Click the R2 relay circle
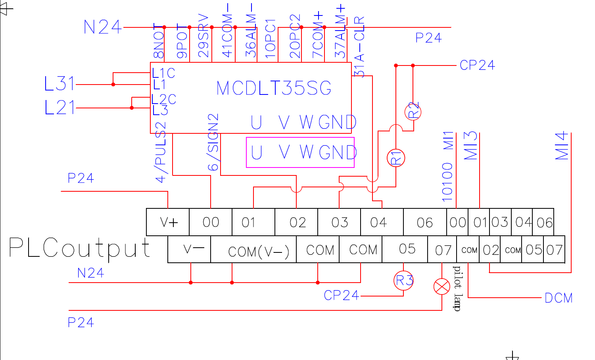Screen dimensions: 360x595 pos(413,112)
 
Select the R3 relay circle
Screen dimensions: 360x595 pos(403,280)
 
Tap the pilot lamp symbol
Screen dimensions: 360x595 pos(442,287)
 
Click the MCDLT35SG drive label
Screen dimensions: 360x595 pos(274,88)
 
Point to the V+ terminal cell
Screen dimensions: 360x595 pos(168,222)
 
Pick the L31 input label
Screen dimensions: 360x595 pos(59,84)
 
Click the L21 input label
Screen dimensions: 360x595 pos(59,108)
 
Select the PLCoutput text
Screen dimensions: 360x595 pos(79,248)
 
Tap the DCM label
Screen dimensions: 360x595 pos(559,298)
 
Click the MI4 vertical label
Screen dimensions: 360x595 pos(562,146)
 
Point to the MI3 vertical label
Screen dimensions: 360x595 pos(470,146)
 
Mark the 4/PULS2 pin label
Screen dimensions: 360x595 pos(160,152)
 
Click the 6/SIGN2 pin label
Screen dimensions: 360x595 pos(213,142)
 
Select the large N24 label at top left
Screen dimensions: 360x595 pos(102,27)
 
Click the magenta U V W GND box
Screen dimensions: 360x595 pos(300,152)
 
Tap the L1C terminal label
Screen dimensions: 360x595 pos(163,73)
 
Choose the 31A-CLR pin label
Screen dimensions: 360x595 pos(359,47)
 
